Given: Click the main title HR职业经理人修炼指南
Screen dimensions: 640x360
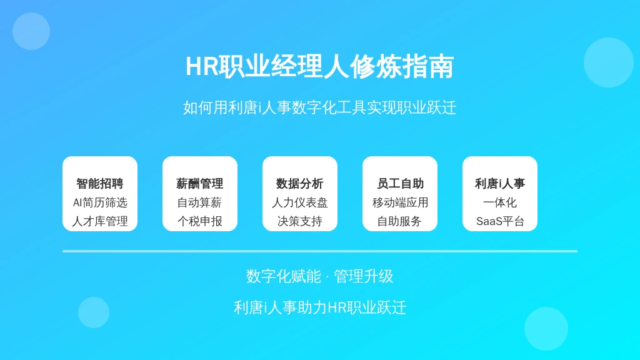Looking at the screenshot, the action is (319, 66).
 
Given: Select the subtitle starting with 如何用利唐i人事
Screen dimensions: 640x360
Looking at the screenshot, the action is (319, 107).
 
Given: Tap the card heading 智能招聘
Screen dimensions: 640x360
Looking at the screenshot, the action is (100, 184).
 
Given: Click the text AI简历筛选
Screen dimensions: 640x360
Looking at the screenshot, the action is (100, 202).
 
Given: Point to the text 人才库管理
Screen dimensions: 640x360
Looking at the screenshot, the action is (100, 221).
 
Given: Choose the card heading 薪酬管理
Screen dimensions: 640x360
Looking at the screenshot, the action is (200, 184).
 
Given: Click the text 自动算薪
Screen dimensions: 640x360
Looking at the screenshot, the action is (200, 202).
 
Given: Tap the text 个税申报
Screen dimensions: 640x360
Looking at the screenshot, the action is (200, 221).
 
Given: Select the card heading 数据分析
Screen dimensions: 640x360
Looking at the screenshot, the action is (300, 184).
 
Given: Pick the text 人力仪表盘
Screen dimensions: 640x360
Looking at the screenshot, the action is (300, 202).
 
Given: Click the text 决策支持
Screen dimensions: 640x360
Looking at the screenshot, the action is (300, 221).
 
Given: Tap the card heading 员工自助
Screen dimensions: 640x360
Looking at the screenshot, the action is (400, 184).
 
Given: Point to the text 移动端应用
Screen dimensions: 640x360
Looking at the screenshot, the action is (400, 202).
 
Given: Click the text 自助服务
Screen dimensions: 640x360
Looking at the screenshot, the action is (400, 221).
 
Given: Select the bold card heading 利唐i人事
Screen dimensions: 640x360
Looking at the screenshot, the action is (500, 184).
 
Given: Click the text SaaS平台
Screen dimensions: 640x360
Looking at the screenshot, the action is (500, 221).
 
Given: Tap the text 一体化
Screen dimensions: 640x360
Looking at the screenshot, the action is (500, 202).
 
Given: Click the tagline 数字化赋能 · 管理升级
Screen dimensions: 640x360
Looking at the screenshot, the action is (319, 276).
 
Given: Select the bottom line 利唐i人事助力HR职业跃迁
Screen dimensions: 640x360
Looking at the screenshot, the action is (319, 307).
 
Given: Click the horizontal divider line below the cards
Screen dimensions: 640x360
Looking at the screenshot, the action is (320, 251).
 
